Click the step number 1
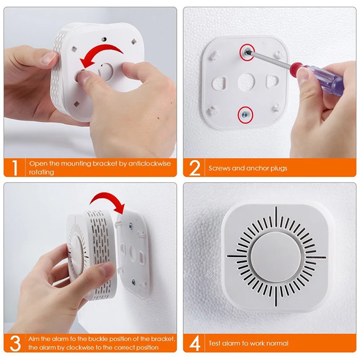15,167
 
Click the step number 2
194,167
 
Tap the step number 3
15,343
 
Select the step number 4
194,343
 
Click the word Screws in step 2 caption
219,168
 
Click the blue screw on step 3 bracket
133,282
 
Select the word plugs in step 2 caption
278,168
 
